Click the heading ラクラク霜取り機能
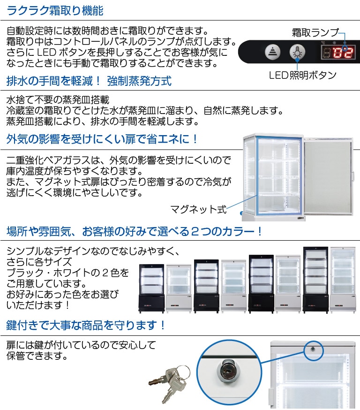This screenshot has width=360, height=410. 55,10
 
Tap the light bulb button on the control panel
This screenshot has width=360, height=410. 296,52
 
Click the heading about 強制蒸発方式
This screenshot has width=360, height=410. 89,81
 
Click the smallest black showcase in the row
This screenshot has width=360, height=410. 151,289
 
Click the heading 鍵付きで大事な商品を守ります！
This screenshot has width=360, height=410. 86,325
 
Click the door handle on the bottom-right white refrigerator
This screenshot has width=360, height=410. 270,397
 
